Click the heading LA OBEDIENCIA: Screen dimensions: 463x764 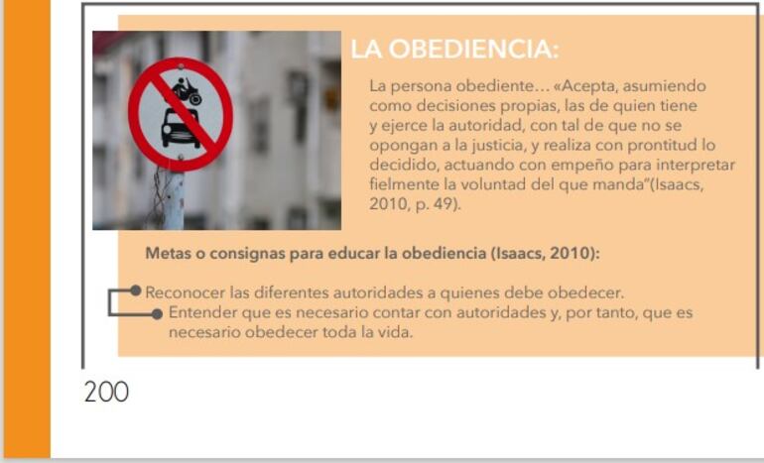pos(454,50)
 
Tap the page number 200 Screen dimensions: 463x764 pos(106,392)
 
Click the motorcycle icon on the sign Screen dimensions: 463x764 pos(188,90)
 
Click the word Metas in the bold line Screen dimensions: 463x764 pos(167,253)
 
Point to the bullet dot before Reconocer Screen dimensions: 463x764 pos(136,291)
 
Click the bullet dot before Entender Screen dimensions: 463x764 pos(157,312)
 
